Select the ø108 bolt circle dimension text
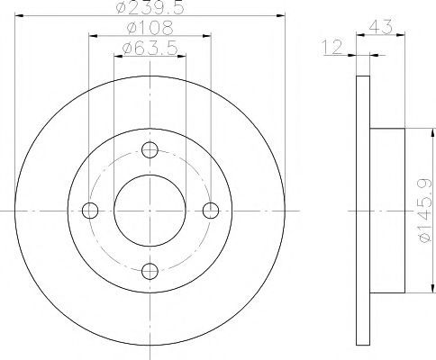pos(150,28)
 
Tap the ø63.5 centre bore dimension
pos(150,48)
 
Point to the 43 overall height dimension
pos(380,27)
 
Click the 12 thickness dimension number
pos(332,48)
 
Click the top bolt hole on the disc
pos(150,150)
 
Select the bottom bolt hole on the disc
pos(150,271)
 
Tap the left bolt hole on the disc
pos(90,211)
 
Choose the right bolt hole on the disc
pos(211,211)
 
